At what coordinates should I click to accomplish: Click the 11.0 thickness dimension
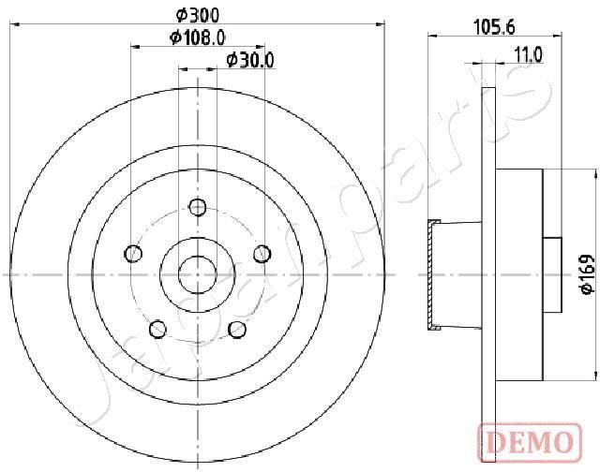[528, 55]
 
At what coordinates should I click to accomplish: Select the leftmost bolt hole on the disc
[133, 254]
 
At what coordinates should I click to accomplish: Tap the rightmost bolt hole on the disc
[262, 254]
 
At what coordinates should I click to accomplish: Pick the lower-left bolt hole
[157, 329]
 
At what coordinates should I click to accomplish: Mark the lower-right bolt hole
[237, 329]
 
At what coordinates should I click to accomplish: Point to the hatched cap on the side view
[432, 274]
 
